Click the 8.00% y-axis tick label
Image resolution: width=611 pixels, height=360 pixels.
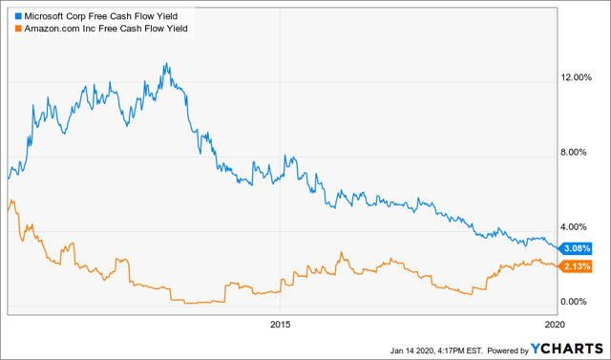click(x=578, y=152)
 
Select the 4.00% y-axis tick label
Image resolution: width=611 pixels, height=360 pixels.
click(x=578, y=226)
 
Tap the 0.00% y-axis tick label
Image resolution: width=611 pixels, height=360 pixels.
click(x=578, y=302)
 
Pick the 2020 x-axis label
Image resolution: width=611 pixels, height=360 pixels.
click(x=553, y=325)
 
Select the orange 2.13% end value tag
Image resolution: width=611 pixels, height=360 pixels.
click(x=570, y=265)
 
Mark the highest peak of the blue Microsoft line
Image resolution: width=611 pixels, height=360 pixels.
click(x=166, y=64)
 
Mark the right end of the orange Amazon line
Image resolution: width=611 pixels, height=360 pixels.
click(x=553, y=265)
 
